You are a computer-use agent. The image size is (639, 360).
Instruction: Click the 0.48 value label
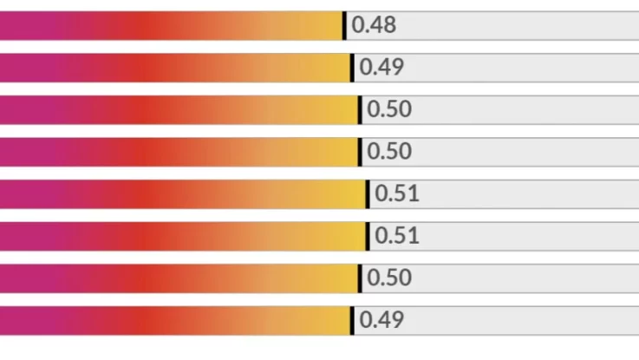(x=374, y=25)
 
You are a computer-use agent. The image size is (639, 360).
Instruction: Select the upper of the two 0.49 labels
(x=381, y=68)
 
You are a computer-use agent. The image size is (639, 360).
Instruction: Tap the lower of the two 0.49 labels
(x=381, y=320)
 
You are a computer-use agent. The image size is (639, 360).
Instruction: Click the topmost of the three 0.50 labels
(x=389, y=109)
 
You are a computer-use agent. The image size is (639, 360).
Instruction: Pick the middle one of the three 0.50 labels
(x=389, y=152)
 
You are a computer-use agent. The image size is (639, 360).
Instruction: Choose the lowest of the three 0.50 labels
(x=389, y=278)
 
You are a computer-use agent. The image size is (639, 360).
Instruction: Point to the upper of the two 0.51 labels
(x=397, y=193)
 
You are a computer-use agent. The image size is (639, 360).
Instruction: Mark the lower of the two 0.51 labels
(x=397, y=235)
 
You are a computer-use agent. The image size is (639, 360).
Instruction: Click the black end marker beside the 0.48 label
(x=344, y=25)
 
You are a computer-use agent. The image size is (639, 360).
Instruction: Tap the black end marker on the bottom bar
(x=352, y=320)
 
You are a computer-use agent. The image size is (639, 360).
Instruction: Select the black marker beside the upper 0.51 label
(x=368, y=193)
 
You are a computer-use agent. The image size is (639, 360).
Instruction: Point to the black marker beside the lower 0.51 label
(x=368, y=235)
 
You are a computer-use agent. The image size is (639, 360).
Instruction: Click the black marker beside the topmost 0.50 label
(x=360, y=109)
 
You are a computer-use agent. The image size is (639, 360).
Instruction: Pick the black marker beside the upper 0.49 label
(x=352, y=68)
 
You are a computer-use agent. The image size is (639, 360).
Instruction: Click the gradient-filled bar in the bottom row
(x=173, y=320)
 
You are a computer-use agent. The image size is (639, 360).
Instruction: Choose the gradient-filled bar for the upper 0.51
(x=182, y=193)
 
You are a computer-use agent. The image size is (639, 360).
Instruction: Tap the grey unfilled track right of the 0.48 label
(x=520, y=25)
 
